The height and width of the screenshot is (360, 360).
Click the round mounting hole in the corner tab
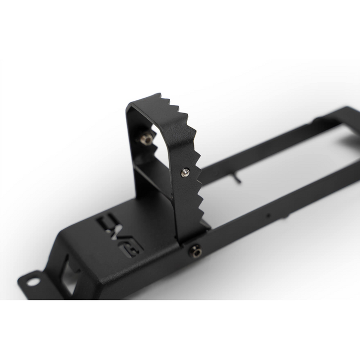click(32, 281)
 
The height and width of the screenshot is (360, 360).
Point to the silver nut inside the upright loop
click(147, 138)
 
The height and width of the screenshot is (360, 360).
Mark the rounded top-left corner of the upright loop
click(132, 105)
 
